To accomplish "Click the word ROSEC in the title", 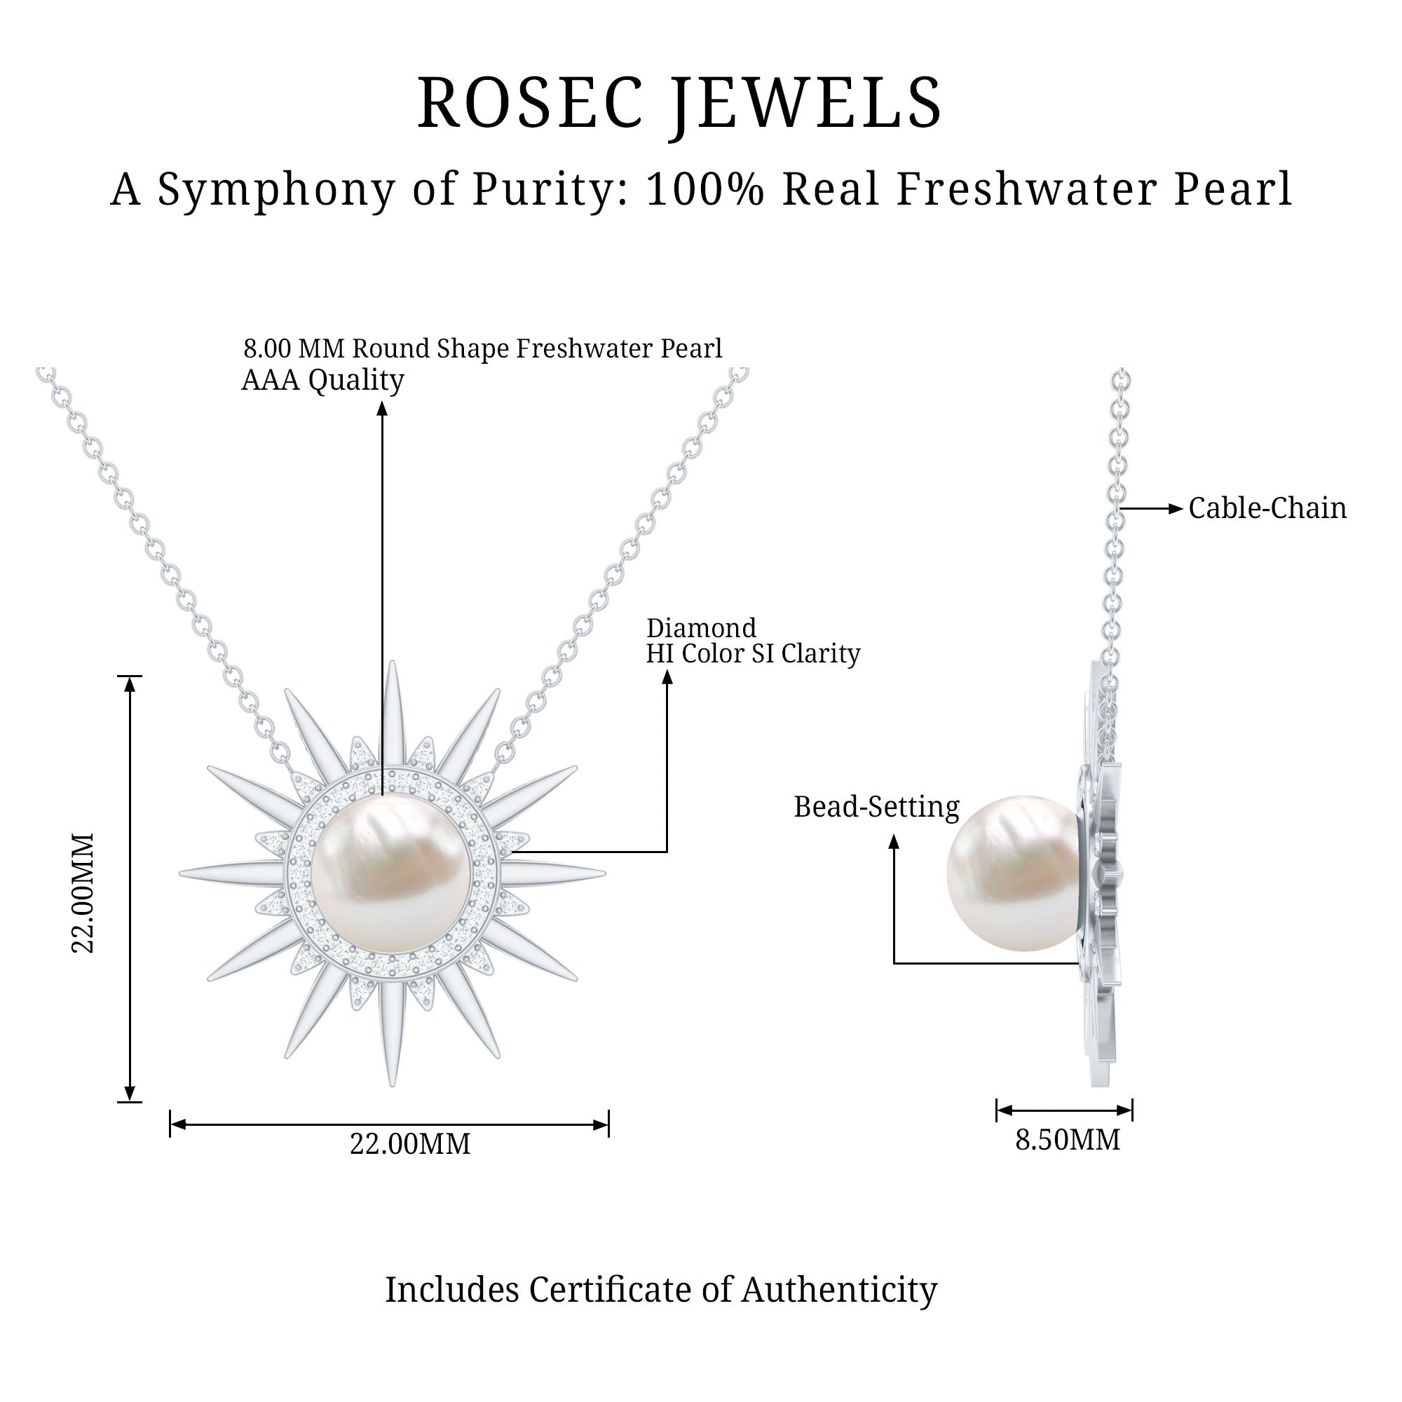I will pos(531,104).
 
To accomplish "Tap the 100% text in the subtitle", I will pos(705,190).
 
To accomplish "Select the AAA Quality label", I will pos(322,379).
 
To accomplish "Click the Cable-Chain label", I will pos(1267,509).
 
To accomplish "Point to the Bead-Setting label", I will pos(876,807).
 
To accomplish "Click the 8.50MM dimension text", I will pos(1067,1140).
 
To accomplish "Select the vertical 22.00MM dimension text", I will pos(83,892).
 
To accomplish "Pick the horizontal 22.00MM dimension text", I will pos(410,1145).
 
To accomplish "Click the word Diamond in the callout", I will pos(701,628).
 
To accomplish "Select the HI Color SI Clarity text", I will pos(752,654).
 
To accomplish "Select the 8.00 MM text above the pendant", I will pos(293,349).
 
